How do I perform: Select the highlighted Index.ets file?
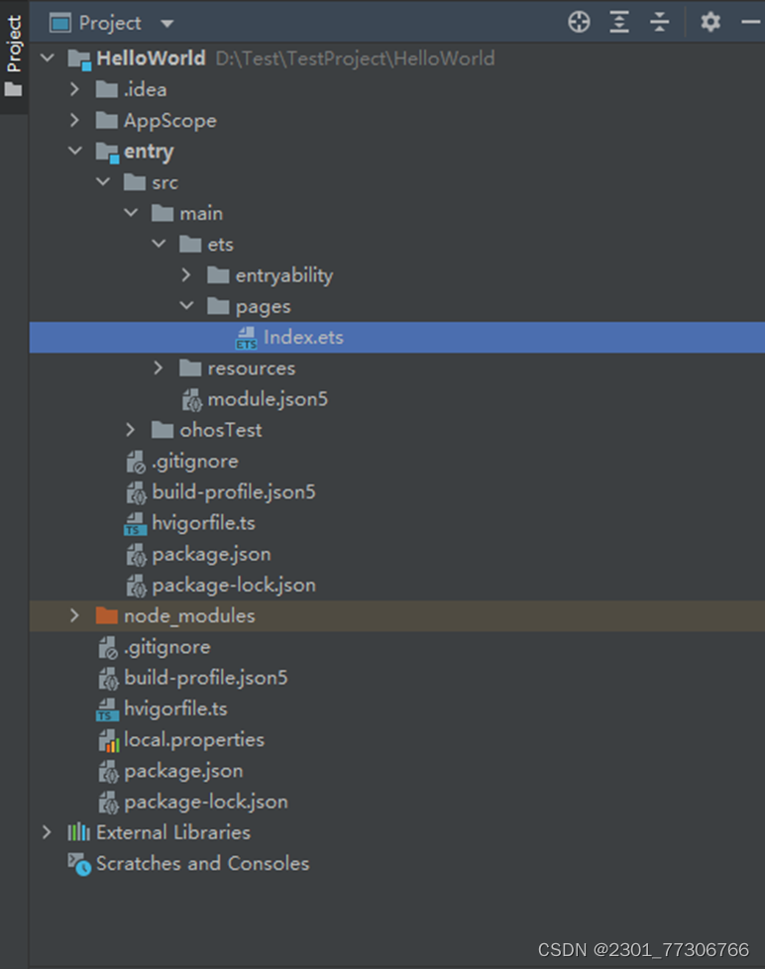(x=302, y=338)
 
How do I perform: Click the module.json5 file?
(x=267, y=400)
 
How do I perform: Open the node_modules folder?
(x=188, y=616)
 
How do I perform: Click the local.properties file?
(x=193, y=740)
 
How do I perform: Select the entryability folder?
(x=283, y=275)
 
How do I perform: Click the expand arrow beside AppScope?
(x=74, y=121)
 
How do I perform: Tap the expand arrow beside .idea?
(x=74, y=89)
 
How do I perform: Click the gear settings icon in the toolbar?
(x=710, y=22)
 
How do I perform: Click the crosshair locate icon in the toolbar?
(x=579, y=22)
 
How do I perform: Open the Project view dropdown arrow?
(x=166, y=23)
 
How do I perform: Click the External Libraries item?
(x=172, y=832)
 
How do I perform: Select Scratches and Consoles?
(x=202, y=864)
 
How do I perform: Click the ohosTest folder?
(x=220, y=430)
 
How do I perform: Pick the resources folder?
(x=251, y=369)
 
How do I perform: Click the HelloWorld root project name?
(x=151, y=58)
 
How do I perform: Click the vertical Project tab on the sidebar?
(x=14, y=45)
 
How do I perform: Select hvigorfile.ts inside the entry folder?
(x=203, y=523)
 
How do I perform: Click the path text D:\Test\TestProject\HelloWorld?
(x=355, y=58)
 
